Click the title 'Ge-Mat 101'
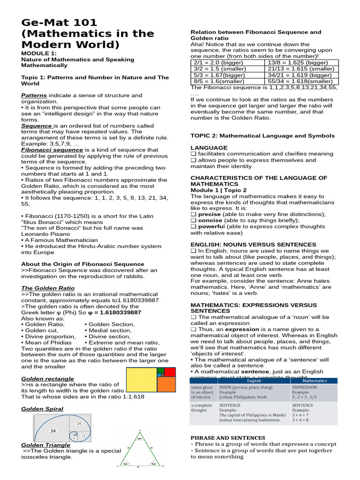pyautogui.click(x=60, y=22)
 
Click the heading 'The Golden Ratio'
pyautogui.click(x=48, y=288)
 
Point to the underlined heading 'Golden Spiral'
pyautogui.click(x=42, y=409)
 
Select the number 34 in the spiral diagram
pyautogui.click(x=53, y=430)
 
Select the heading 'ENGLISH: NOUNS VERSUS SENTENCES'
pyautogui.click(x=253, y=245)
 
